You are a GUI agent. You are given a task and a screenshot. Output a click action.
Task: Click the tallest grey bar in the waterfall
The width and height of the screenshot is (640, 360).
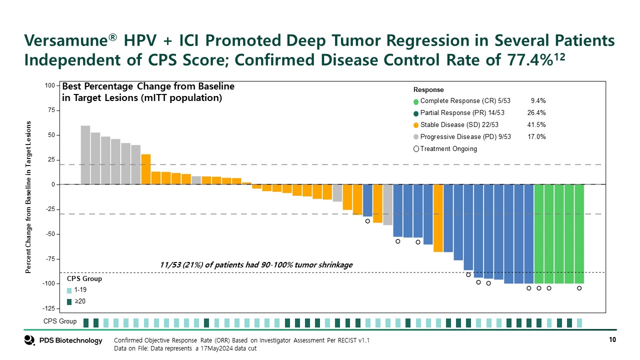point(85,155)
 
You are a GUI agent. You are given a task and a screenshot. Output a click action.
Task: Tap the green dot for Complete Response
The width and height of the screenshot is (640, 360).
point(416,101)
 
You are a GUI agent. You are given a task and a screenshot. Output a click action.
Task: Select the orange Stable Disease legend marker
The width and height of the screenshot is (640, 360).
point(416,125)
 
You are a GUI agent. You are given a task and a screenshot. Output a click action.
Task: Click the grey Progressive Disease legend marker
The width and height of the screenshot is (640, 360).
point(416,137)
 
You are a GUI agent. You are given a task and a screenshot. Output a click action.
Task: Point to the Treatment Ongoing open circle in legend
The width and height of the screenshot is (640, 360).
point(416,149)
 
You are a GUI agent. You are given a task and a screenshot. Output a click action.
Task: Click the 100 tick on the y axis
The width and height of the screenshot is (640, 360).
point(49,85)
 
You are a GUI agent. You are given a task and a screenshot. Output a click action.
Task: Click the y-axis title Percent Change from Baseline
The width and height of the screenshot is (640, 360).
point(28,197)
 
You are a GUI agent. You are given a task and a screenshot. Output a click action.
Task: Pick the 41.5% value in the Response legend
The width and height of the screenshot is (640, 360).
point(536,125)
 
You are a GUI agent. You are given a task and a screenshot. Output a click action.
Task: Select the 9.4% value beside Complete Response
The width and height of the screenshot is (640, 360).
point(538,101)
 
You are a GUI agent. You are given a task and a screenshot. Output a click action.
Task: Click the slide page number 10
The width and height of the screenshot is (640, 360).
point(612,340)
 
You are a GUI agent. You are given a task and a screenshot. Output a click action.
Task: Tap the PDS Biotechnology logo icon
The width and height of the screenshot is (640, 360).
point(29,340)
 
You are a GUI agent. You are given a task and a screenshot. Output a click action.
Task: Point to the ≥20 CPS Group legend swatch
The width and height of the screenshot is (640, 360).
point(69,301)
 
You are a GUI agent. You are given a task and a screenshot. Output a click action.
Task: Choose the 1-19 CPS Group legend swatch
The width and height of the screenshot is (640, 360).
point(69,290)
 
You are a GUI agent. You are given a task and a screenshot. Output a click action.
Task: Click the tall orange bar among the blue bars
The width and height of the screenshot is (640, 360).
point(438,218)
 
